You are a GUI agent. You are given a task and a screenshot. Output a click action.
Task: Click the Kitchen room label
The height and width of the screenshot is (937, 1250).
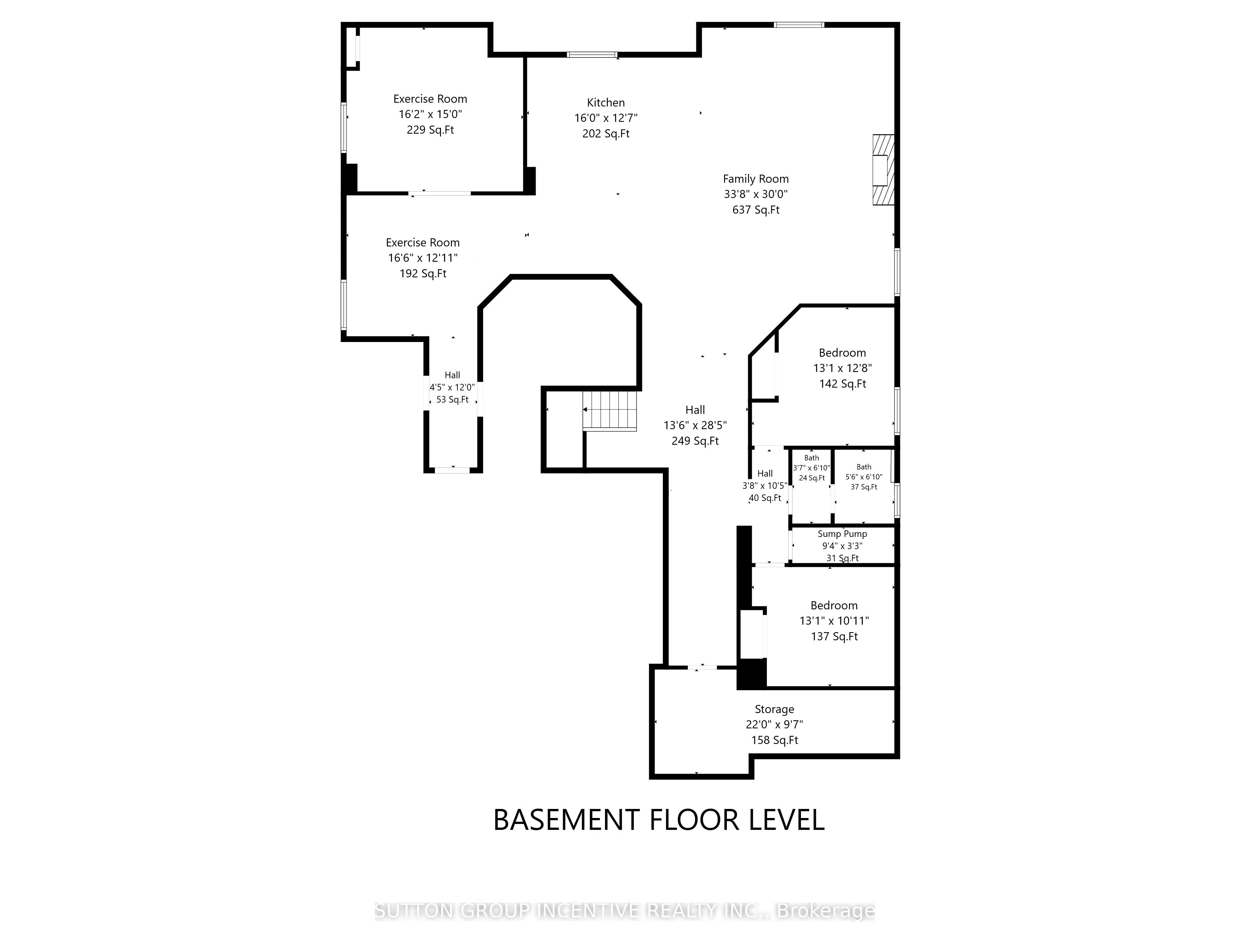(606, 103)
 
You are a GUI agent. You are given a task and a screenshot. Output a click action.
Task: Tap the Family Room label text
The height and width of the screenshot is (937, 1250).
(756, 179)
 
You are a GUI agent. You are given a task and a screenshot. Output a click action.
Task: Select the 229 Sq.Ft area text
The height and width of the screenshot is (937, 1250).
(430, 130)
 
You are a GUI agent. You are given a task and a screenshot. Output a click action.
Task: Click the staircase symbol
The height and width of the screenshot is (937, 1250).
(610, 411)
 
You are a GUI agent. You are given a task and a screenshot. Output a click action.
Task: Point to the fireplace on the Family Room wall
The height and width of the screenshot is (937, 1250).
(883, 169)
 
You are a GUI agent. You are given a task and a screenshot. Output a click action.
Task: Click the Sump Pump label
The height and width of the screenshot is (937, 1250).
(842, 534)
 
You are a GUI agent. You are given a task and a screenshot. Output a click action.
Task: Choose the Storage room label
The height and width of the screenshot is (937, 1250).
(774, 709)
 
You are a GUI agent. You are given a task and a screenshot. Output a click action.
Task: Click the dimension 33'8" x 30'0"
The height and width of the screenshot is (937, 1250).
(756, 194)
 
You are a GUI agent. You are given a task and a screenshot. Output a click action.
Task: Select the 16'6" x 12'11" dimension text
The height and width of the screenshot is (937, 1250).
(423, 258)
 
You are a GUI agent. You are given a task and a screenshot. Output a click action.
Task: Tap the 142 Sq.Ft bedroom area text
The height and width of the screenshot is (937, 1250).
(842, 384)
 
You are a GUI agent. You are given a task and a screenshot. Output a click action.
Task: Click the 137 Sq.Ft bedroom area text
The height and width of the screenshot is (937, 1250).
(834, 637)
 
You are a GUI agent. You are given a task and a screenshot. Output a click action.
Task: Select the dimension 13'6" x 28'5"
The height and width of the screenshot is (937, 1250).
(695, 425)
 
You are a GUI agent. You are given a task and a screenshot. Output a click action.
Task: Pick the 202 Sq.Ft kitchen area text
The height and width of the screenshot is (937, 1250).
(606, 134)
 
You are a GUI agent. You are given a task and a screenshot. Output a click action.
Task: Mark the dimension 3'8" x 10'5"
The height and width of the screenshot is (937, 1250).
(765, 486)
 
